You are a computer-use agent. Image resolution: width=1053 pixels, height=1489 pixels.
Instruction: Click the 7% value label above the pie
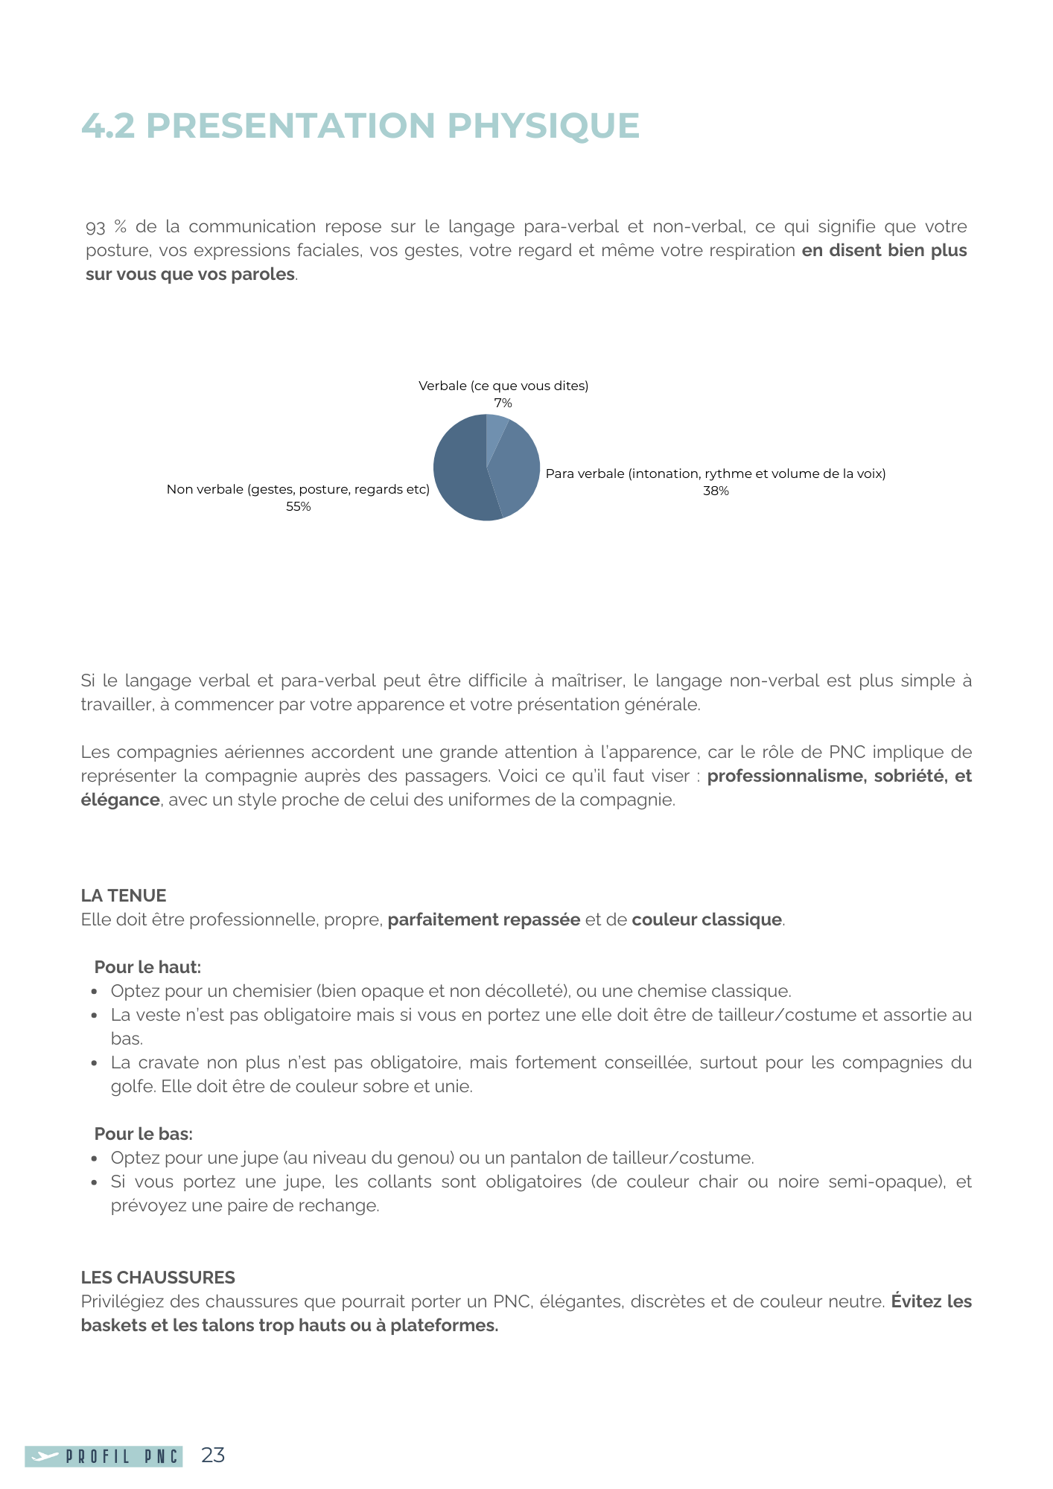coord(503,403)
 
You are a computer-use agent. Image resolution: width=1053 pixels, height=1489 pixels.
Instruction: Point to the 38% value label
coord(716,491)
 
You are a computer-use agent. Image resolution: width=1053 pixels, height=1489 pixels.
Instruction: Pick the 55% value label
coord(298,506)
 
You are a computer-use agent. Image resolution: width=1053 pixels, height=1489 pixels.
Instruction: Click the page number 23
coord(213,1455)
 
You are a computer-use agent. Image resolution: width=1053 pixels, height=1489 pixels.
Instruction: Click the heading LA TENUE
coord(124,895)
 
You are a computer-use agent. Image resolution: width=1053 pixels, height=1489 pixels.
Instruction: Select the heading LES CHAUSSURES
coord(158,1277)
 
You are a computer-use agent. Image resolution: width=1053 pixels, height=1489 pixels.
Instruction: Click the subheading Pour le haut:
coord(147,967)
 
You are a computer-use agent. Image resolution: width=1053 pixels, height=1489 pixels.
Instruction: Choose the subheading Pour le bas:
coord(143,1134)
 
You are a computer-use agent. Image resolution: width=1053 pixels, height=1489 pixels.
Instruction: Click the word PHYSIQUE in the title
coord(543,125)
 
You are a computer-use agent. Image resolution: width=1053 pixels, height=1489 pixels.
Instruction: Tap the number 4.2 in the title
coord(108,125)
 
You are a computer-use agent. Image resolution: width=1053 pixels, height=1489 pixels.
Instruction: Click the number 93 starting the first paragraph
coord(96,227)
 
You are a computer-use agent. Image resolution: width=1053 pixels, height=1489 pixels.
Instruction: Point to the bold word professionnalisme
coord(783,776)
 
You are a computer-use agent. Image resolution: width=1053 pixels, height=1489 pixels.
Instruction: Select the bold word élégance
coord(120,800)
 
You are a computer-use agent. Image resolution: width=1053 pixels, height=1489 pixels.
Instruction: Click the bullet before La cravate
coord(95,1063)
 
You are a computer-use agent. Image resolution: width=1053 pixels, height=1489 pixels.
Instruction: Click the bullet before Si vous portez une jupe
coord(95,1182)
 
